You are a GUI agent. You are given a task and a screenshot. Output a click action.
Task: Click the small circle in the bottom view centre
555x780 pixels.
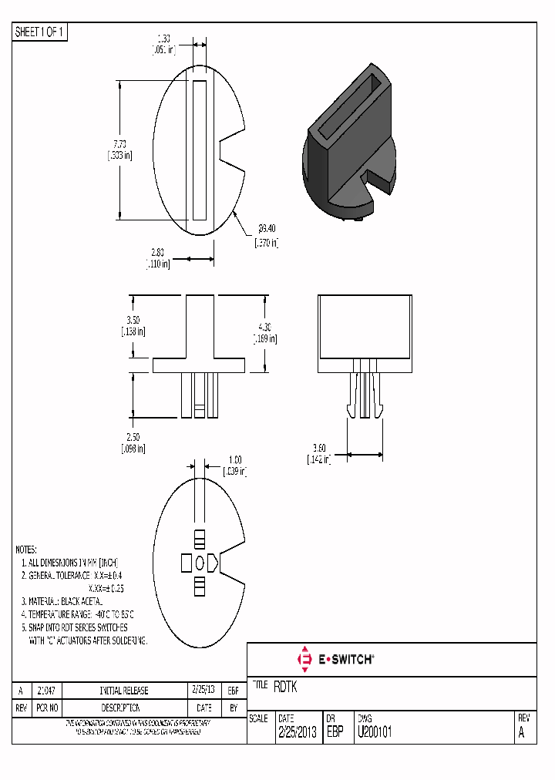[200, 563]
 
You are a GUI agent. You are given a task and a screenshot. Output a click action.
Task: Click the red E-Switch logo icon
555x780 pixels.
[304, 660]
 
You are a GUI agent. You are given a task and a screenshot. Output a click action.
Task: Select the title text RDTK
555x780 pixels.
[285, 688]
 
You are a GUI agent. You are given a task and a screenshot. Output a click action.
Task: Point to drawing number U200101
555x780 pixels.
[374, 733]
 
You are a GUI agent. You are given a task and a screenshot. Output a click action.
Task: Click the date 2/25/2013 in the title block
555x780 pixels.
[297, 733]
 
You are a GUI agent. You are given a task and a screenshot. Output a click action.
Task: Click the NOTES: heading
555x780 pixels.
[26, 550]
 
